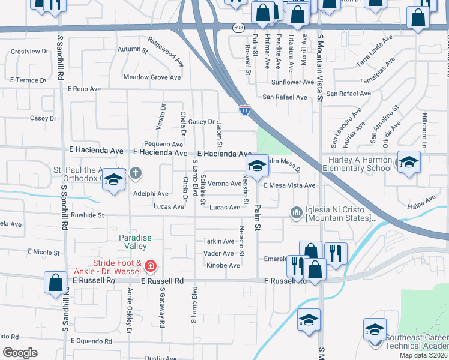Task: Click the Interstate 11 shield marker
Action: (245, 109)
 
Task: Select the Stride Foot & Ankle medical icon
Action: (151, 265)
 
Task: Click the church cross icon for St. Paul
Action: (136, 173)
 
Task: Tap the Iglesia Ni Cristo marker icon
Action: (295, 212)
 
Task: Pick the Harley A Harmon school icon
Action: (409, 163)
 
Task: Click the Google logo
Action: (20, 353)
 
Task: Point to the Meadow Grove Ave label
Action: (152, 77)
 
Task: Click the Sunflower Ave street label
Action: (292, 82)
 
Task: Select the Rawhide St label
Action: (88, 215)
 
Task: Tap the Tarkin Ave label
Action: (218, 241)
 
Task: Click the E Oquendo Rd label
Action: (91, 341)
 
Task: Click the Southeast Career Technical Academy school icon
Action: (374, 330)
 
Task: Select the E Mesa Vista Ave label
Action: (289, 186)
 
